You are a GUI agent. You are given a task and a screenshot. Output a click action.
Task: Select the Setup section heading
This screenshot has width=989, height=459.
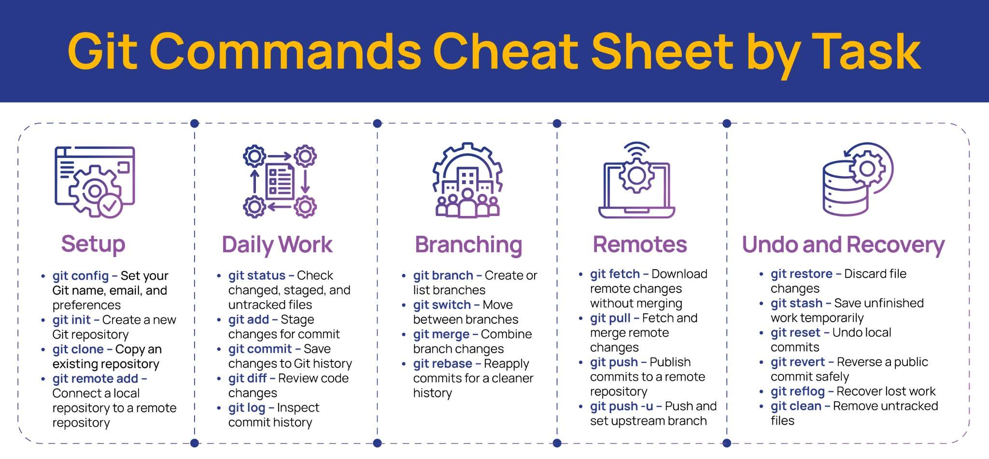click(x=93, y=244)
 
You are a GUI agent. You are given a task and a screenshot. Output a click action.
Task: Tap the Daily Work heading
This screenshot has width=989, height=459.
click(x=277, y=245)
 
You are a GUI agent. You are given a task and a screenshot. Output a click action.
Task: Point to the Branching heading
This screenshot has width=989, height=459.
click(x=468, y=245)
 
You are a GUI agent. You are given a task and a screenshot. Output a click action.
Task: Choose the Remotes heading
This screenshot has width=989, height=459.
click(x=640, y=244)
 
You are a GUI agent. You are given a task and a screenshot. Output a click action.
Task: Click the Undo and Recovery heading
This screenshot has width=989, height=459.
click(x=843, y=245)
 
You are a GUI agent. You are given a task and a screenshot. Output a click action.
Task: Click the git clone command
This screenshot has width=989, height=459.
click(x=78, y=349)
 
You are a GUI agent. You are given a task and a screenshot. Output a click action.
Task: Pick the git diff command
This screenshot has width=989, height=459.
click(x=247, y=378)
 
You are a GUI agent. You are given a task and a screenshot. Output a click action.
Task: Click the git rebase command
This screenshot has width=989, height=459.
click(x=443, y=363)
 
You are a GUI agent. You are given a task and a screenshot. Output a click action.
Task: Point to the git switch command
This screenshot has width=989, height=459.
click(x=442, y=305)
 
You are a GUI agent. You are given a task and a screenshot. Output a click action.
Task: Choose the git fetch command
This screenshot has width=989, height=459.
click(x=615, y=274)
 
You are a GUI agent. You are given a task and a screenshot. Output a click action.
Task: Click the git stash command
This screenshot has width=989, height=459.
click(x=796, y=303)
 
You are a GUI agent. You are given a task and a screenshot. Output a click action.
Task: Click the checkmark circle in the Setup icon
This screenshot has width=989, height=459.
click(x=110, y=206)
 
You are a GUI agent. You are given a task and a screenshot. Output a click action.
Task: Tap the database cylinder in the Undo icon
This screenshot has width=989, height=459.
click(x=845, y=193)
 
